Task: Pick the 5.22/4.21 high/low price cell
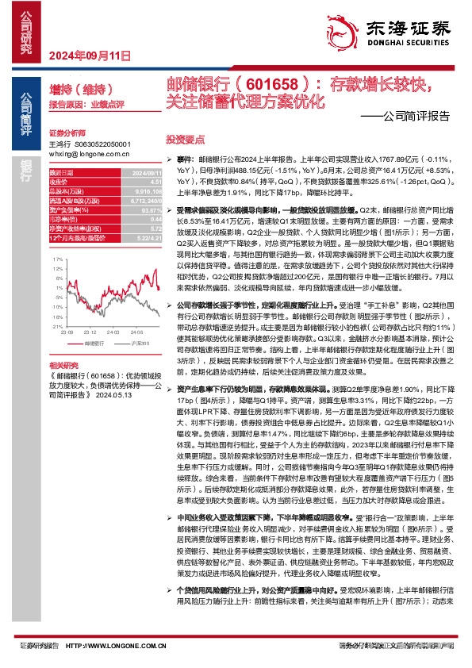tap(150, 239)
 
